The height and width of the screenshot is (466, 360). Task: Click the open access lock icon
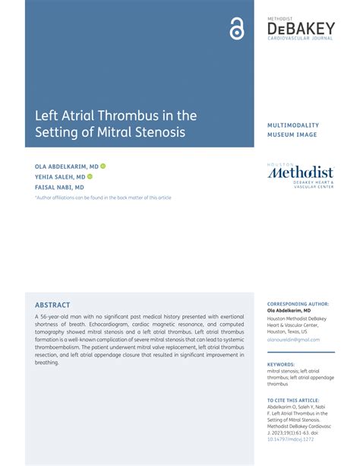(237, 29)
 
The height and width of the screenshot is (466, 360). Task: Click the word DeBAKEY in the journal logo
(301, 28)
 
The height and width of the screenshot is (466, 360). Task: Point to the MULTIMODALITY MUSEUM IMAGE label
(293, 129)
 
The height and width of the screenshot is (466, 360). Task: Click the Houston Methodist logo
(300, 174)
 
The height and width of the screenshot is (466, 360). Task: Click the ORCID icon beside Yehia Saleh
(90, 176)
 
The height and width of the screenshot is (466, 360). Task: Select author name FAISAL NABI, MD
(59, 186)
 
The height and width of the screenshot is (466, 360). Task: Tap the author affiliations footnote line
(103, 197)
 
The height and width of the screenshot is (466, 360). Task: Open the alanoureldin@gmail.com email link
(293, 340)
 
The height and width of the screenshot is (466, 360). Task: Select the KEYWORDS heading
(280, 364)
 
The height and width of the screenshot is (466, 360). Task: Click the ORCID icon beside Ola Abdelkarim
(103, 165)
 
